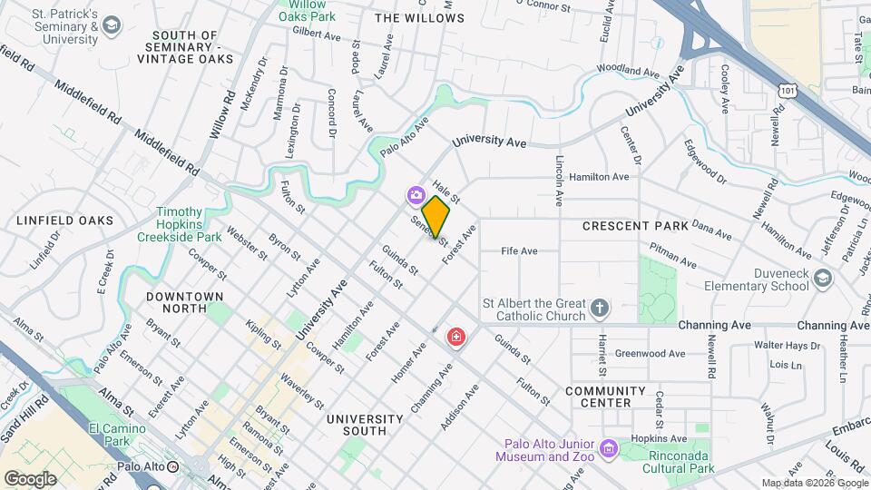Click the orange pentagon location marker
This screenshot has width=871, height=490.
coord(436,216)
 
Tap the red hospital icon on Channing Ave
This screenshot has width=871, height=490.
coord(456,338)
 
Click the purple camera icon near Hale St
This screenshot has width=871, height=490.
coord(416,194)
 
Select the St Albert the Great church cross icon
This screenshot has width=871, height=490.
coord(599,309)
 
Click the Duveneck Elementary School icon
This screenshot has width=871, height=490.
coord(821,279)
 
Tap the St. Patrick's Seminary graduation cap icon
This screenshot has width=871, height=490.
coord(112,24)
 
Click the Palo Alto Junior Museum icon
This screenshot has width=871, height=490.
coord(607,447)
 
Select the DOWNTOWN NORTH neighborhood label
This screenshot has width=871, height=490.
coord(184,297)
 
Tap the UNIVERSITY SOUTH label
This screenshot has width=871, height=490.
coord(364,419)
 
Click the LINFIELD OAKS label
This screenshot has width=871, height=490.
coord(64,220)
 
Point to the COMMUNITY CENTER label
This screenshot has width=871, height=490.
coord(605,397)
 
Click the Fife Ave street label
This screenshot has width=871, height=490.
coord(520,251)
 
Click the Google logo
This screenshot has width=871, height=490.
coord(31,478)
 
